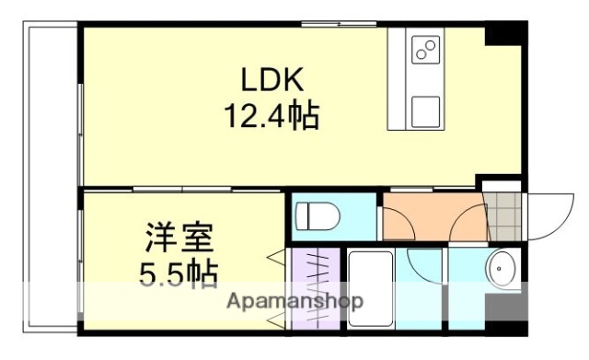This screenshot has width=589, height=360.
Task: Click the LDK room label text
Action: click(271, 81)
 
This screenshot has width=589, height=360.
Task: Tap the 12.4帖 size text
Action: click(271, 117)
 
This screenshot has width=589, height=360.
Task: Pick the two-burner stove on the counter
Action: click(424, 49)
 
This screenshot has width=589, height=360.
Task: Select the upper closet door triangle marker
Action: click(275, 258)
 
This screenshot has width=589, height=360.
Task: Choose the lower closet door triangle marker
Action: click(275, 318)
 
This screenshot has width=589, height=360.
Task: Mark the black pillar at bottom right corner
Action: click(509, 328)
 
